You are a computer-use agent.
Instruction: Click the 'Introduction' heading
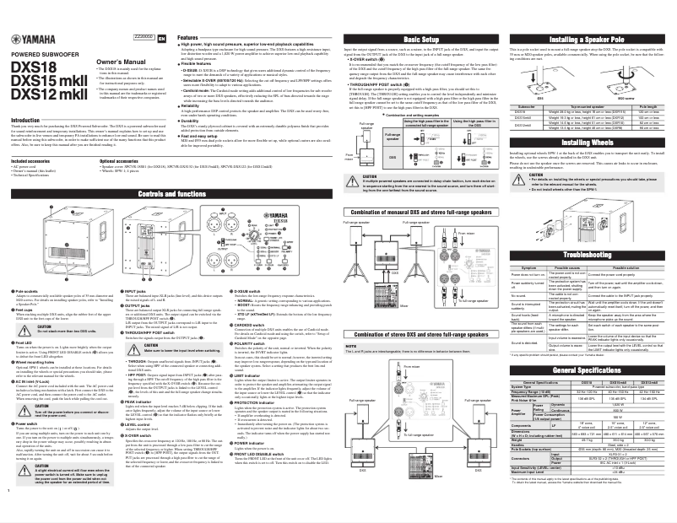24,121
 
